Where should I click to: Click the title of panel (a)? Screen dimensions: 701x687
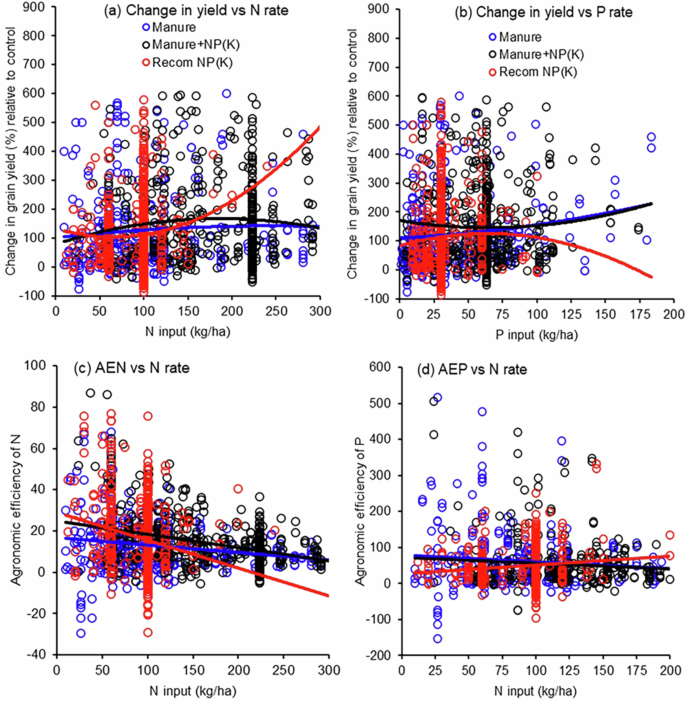(196, 11)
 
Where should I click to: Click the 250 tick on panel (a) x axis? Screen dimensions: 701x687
(276, 311)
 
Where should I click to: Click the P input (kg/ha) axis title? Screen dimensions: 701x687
(537, 335)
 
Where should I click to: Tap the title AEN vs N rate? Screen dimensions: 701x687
(132, 368)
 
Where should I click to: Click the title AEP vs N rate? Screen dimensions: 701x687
(472, 369)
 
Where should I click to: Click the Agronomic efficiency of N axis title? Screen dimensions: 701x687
(16, 510)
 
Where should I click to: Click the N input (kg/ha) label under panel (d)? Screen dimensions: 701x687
(535, 691)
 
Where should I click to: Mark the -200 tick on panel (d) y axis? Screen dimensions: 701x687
(378, 655)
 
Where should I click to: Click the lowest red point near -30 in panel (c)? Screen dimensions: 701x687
(148, 632)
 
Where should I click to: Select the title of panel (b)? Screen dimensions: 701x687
(543, 12)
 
